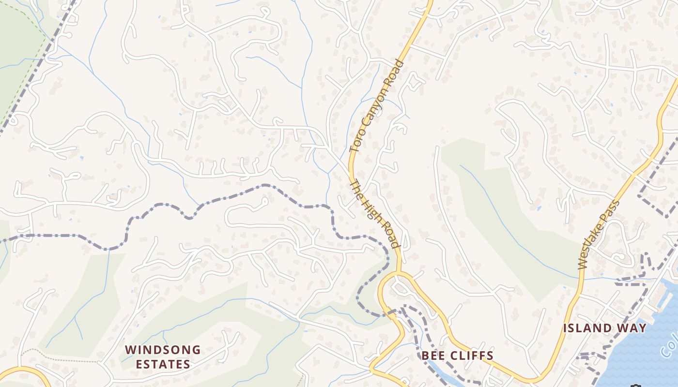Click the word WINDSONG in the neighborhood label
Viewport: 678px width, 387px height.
tap(163, 349)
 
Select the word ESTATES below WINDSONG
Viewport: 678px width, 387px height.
tap(163, 364)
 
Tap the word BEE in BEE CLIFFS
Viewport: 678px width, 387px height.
tap(432, 356)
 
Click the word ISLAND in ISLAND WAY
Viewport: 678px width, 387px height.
tap(586, 328)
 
